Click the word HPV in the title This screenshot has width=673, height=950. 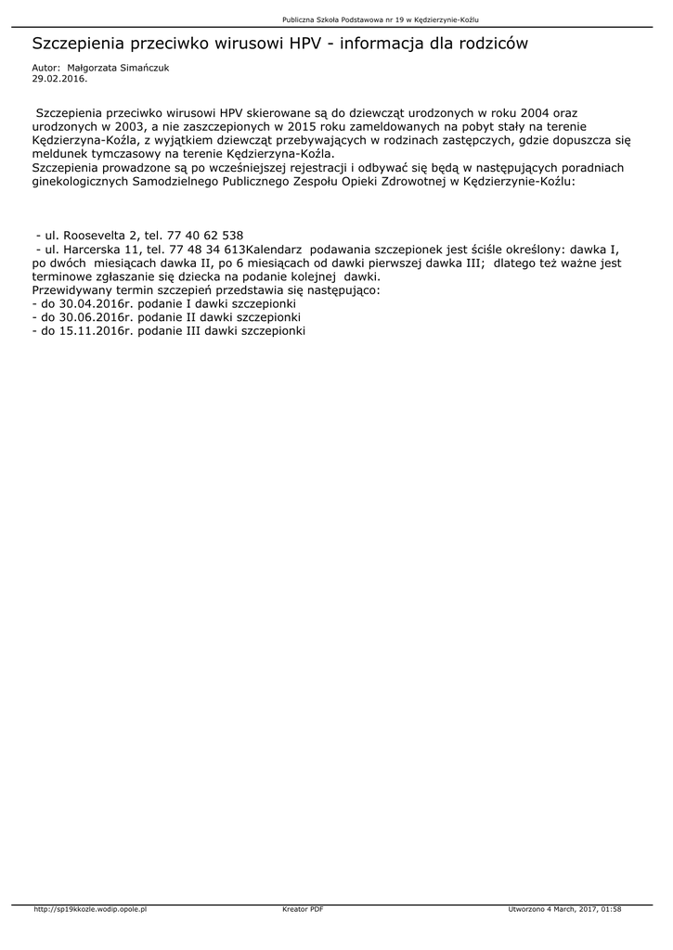(x=307, y=44)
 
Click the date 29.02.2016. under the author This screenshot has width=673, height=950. (x=58, y=79)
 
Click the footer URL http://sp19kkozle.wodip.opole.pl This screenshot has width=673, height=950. (x=90, y=909)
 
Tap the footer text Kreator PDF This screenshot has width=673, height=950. (x=303, y=909)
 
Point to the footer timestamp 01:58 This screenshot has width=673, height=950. (x=611, y=909)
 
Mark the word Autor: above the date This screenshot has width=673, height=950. (x=45, y=69)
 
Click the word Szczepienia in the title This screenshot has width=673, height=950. (x=76, y=44)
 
